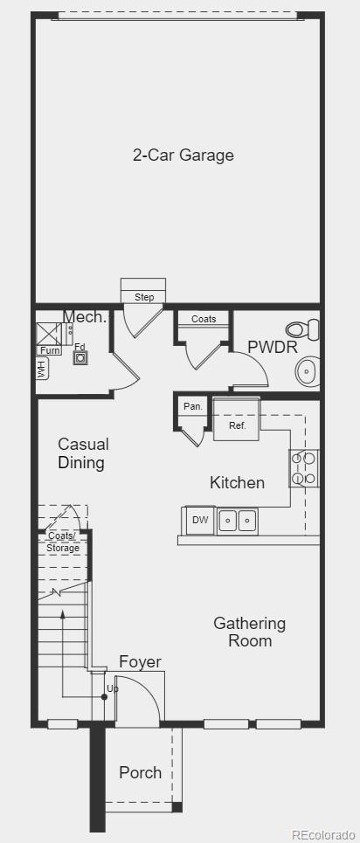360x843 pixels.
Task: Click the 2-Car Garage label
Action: tap(183, 155)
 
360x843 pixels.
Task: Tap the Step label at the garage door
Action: tap(144, 297)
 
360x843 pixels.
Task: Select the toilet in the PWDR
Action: tap(302, 328)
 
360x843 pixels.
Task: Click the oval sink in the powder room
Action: tap(308, 371)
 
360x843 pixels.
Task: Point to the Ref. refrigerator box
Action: tap(237, 419)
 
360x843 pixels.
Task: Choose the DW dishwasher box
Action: tap(199, 520)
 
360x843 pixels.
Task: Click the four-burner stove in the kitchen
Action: tap(304, 468)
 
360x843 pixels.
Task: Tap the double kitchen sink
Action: tap(238, 521)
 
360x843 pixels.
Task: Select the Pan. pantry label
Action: tap(192, 406)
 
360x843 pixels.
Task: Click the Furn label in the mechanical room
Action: tap(48, 350)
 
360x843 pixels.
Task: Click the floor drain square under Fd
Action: tap(80, 357)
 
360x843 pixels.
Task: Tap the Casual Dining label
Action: tap(83, 453)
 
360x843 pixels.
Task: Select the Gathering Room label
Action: tap(250, 632)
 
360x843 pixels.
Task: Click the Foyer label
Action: tap(140, 662)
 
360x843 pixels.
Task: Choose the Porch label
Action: tap(141, 772)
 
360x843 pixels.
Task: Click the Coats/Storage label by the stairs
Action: tap(63, 542)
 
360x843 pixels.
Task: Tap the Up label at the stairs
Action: tap(113, 688)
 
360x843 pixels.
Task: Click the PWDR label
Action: tap(273, 348)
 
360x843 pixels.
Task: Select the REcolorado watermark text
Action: tap(323, 835)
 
